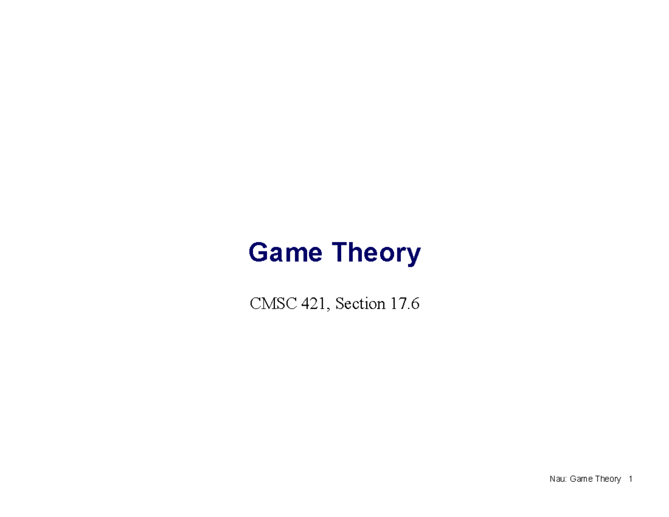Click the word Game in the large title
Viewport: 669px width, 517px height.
[x=285, y=253]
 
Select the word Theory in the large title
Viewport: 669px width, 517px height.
[x=376, y=254]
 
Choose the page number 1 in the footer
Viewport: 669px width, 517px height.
[x=630, y=479]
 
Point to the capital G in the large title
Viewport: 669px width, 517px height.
[x=258, y=253]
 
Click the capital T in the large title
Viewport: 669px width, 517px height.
[x=341, y=253]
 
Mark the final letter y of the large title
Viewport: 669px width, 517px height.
[x=414, y=256]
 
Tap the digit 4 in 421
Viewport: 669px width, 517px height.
[x=303, y=304]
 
